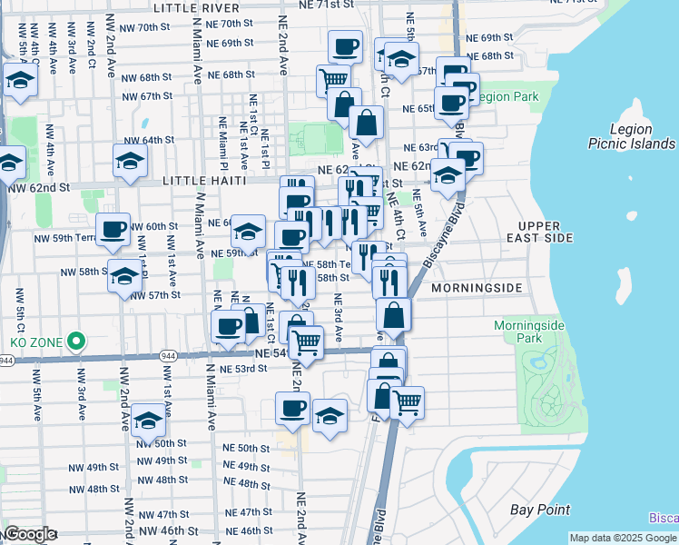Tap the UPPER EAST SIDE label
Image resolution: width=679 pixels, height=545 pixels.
[546, 231]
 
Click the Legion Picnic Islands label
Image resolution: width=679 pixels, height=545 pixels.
[631, 136]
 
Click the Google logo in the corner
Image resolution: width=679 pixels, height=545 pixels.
[30, 534]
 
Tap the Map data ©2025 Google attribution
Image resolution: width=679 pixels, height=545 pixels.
[622, 538]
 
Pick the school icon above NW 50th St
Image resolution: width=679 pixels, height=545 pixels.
[148, 420]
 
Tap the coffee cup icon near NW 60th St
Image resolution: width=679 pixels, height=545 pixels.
[113, 230]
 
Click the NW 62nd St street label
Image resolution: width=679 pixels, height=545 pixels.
[39, 188]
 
